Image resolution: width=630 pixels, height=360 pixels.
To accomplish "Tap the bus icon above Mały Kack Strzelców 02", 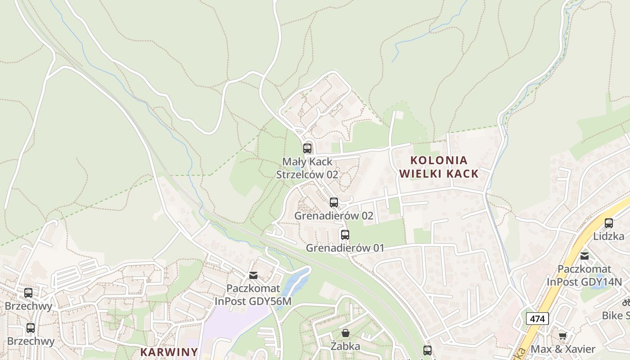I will (307, 148).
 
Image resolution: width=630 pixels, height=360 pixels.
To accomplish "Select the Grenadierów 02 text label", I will (333, 216).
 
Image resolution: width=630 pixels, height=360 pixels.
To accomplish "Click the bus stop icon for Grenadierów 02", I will (333, 202).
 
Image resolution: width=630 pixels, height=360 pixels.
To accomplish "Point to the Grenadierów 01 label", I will (345, 248).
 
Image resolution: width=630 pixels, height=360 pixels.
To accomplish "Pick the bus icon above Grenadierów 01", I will (345, 235).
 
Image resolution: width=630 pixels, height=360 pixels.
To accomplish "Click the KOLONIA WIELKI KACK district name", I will (439, 167).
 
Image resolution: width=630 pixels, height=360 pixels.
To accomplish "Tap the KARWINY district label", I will (169, 352).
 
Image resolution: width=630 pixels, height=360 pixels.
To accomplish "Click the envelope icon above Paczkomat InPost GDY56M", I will (253, 275).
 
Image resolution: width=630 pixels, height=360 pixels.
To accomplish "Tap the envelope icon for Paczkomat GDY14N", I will (584, 256).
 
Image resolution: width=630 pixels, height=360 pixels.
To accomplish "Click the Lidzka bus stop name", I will (608, 236).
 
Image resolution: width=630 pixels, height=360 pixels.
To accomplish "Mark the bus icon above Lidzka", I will (609, 223).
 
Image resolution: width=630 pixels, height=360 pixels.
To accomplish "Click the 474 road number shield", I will (537, 319).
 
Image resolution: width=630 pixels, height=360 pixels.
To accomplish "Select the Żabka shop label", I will (345, 346).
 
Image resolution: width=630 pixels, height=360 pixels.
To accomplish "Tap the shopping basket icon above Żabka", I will (345, 333).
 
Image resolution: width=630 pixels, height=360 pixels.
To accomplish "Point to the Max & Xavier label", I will (563, 349).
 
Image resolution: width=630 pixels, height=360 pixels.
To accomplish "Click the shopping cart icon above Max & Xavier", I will (562, 336).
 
